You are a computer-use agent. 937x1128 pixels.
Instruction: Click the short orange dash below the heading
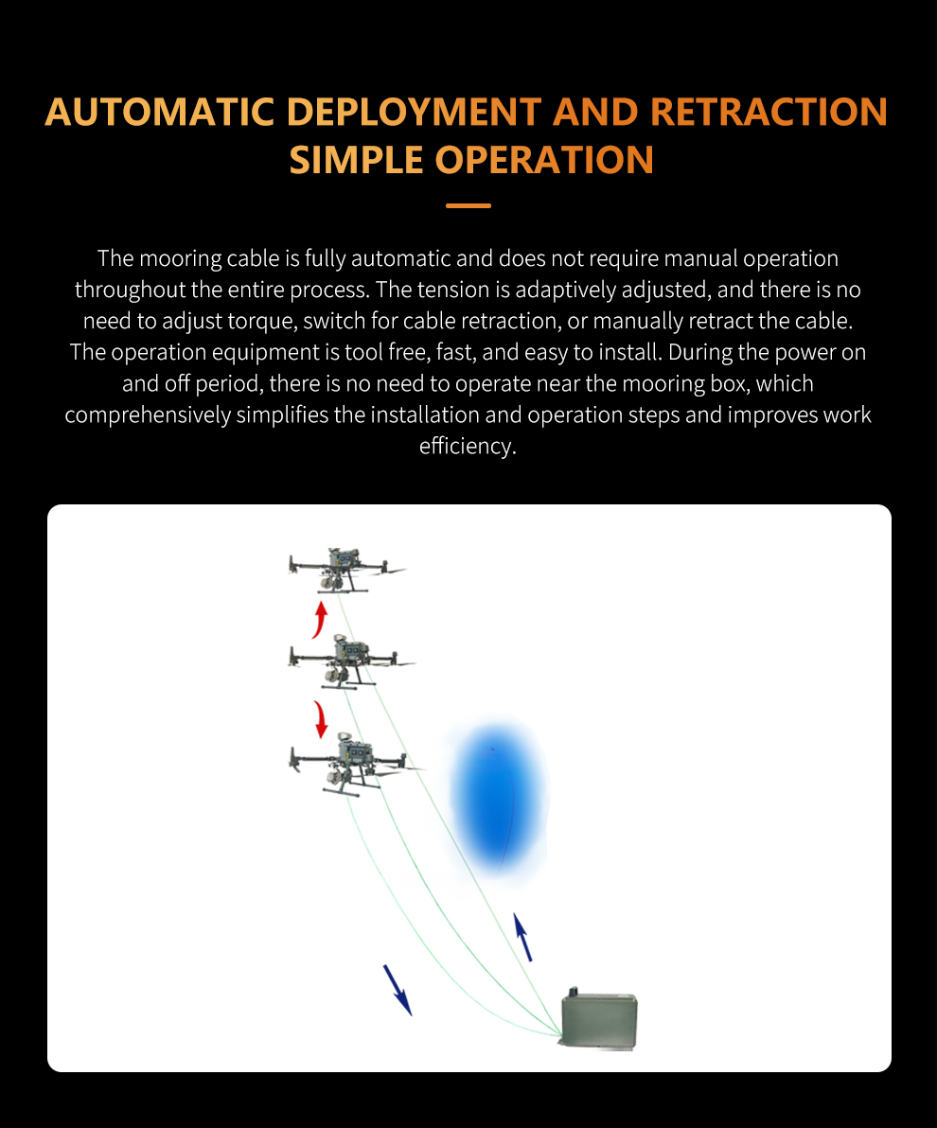pyautogui.click(x=468, y=205)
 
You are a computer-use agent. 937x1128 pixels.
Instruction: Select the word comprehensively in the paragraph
pyautogui.click(x=147, y=414)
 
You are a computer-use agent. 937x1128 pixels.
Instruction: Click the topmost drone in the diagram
pyautogui.click(x=346, y=570)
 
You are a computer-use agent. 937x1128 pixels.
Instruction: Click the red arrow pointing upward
pyautogui.click(x=321, y=619)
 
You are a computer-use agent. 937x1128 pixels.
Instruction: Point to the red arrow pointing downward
pyautogui.click(x=321, y=719)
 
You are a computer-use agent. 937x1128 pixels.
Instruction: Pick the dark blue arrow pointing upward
pyautogui.click(x=522, y=937)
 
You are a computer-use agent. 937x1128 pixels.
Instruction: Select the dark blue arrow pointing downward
pyautogui.click(x=398, y=990)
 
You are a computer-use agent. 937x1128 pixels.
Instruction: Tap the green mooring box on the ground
pyautogui.click(x=599, y=1018)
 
